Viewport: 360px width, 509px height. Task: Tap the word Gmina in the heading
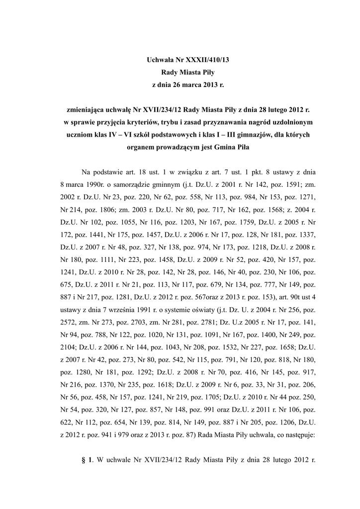(x=226, y=148)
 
